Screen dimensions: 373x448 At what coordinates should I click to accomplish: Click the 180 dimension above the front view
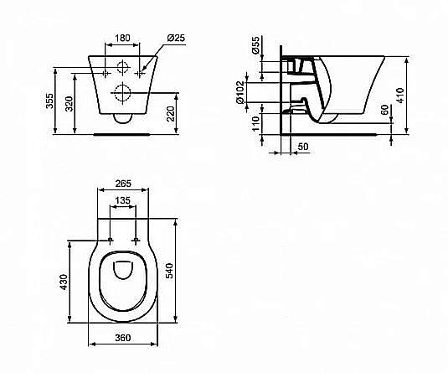pyautogui.click(x=122, y=38)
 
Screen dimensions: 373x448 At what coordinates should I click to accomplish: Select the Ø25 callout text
pyautogui.click(x=175, y=38)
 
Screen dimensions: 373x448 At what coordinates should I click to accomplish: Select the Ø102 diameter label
pyautogui.click(x=264, y=89)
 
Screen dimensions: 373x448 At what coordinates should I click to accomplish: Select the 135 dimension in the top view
pyautogui.click(x=122, y=201)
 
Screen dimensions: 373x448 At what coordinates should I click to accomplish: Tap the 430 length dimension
pyautogui.click(x=61, y=282)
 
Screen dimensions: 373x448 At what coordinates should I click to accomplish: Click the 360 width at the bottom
pyautogui.click(x=122, y=339)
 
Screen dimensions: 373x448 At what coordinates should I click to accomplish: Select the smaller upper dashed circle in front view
pyautogui.click(x=123, y=69)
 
